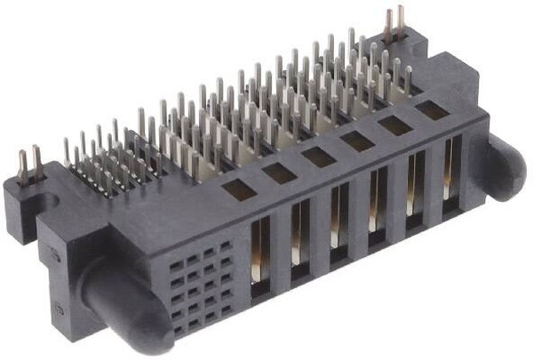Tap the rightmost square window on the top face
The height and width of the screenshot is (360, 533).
click(x=432, y=109)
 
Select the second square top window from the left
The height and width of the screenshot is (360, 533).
click(x=280, y=172)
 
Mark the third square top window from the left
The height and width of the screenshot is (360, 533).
click(x=318, y=156)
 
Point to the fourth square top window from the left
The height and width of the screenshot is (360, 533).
click(x=358, y=140)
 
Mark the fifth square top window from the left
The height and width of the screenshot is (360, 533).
click(x=395, y=125)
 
